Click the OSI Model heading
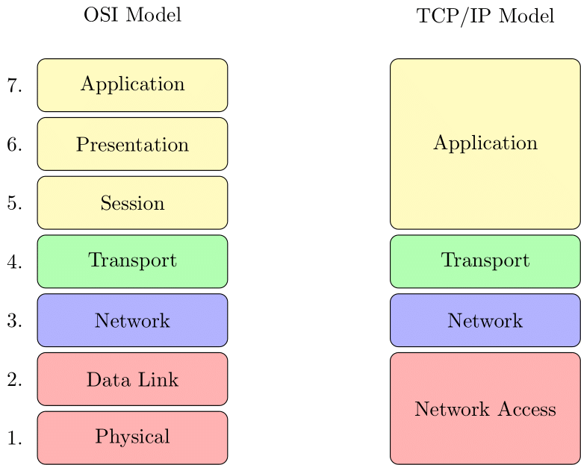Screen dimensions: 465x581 pos(132,15)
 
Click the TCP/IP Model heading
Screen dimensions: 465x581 pos(485,16)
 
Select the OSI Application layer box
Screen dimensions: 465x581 pos(132,84)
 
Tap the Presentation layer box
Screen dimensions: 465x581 pos(132,144)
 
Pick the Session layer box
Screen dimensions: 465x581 pos(132,202)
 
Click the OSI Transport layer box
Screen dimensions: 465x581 pos(132,260)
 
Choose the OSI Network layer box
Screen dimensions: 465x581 pos(132,320)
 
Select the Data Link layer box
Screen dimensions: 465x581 pos(132,379)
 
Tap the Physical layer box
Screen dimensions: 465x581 pos(132,437)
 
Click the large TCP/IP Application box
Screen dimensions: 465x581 pos(485,143)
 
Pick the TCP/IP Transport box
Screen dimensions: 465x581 pos(485,260)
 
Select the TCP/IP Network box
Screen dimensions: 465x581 pos(485,320)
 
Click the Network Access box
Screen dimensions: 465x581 pos(485,408)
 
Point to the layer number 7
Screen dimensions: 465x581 pos(14,86)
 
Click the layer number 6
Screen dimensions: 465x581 pos(14,145)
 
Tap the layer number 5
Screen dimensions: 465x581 pos(14,203)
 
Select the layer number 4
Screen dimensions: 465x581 pos(14,262)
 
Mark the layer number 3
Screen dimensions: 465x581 pos(14,321)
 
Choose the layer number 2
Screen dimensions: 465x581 pos(14,380)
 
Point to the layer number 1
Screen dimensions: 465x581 pos(14,438)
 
